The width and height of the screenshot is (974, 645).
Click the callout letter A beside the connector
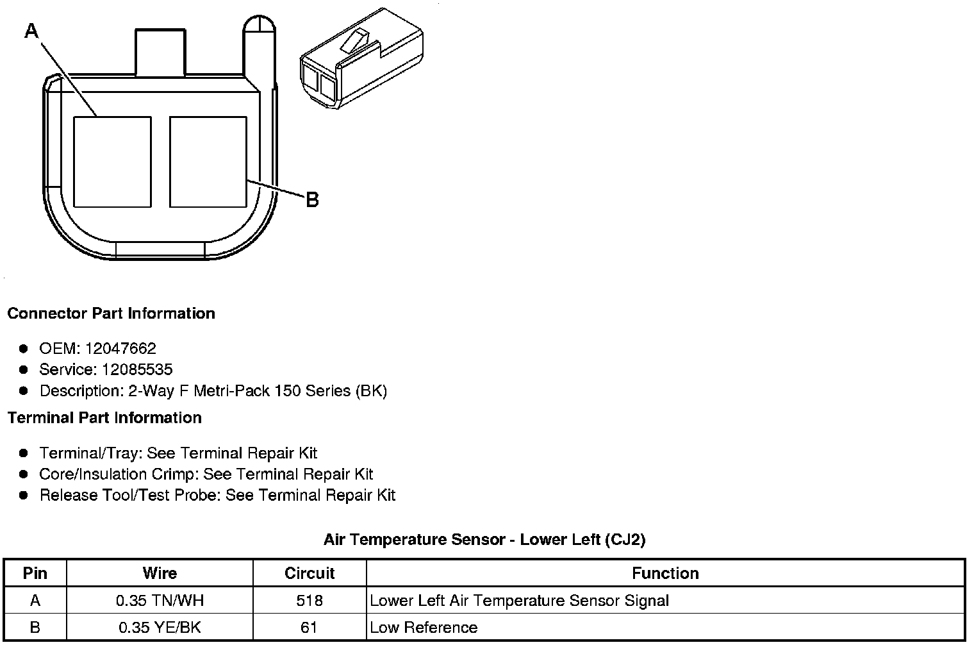pos(31,30)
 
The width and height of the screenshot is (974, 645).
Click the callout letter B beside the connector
pos(312,200)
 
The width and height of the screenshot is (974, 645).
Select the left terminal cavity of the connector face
pos(112,162)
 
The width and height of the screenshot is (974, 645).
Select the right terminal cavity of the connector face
pos(208,162)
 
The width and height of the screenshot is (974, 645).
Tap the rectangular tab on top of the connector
pos(160,53)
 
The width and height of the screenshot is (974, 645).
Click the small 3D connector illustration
pos(361,58)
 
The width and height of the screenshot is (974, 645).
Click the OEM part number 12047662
pos(120,349)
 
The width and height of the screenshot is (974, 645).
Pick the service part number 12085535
pos(136,370)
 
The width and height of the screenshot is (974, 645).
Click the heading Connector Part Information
pos(111,314)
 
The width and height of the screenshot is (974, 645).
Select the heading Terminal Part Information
pos(104,418)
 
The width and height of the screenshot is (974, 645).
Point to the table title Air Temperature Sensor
pos(484,540)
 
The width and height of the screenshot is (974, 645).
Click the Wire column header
pos(160,573)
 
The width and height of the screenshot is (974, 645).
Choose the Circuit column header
pos(310,573)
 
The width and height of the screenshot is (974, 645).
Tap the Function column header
pos(665,573)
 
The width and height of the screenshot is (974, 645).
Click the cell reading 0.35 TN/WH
pos(160,601)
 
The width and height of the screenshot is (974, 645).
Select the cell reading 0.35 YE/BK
pos(160,628)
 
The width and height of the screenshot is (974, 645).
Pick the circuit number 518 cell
pos(310,601)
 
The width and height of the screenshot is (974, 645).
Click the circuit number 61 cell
pos(310,628)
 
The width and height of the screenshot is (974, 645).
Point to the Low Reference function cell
pos(424,628)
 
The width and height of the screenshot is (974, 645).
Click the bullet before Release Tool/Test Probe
pos(24,495)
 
